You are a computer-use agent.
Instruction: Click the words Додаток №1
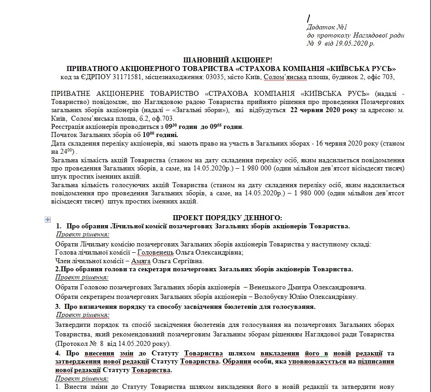click(x=326, y=27)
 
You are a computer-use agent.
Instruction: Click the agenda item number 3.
click(x=57, y=307)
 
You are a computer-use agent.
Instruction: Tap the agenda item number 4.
click(x=57, y=353)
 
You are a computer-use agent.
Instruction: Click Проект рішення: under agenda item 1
click(x=82, y=234)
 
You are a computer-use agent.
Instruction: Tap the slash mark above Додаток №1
click(x=308, y=19)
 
